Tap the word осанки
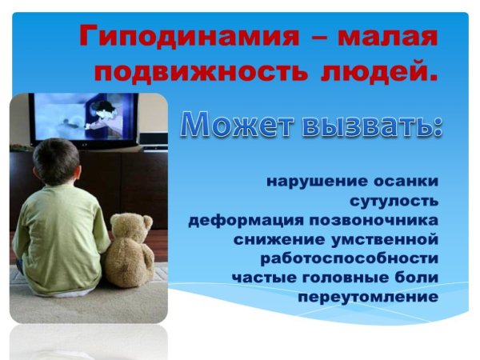(408, 181)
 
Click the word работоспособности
(349, 258)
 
